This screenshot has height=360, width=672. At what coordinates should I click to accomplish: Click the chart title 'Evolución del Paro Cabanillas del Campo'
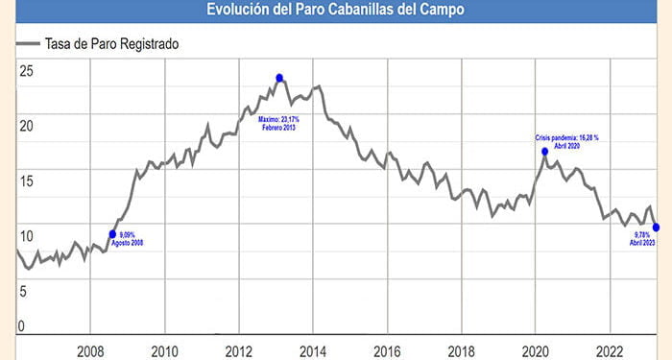(x=336, y=10)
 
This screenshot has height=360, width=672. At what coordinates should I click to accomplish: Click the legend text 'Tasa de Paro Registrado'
(x=112, y=43)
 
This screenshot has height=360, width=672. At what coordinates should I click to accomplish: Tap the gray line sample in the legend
(x=28, y=43)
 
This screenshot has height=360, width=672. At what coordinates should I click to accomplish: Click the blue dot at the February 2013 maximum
(x=279, y=78)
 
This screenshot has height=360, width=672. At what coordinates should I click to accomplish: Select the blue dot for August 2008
(x=112, y=234)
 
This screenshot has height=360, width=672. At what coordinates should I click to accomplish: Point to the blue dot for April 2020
(x=544, y=151)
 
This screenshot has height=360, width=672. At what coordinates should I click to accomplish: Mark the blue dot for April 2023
(x=656, y=228)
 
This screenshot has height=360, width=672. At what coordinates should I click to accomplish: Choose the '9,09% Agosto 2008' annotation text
(x=133, y=238)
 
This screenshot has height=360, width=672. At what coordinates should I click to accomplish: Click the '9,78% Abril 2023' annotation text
(x=641, y=240)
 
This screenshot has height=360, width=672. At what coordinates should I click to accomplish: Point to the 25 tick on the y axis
(x=25, y=71)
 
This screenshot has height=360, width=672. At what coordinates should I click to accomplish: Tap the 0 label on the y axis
(x=21, y=327)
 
